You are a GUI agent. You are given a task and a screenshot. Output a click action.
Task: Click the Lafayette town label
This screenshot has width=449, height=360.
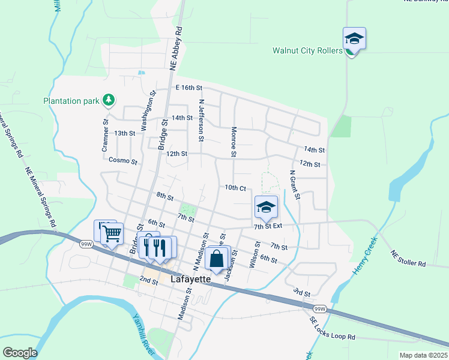[190, 279]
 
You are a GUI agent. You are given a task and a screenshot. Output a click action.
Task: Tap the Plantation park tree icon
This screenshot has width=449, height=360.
[109, 100]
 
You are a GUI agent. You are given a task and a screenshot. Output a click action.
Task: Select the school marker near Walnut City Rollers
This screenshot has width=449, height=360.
[354, 40]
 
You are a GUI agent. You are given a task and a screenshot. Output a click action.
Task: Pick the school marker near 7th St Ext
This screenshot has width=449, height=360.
[266, 208]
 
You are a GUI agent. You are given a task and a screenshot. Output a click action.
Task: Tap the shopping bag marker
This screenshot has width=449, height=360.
[217, 259]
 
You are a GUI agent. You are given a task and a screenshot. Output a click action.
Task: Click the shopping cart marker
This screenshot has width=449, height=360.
[112, 235]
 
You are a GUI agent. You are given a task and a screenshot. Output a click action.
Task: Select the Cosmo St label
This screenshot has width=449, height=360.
[123, 161]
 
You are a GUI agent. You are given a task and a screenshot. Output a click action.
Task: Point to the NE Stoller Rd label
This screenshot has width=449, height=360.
[408, 259]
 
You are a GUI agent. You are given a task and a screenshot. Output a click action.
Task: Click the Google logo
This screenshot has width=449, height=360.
[20, 353]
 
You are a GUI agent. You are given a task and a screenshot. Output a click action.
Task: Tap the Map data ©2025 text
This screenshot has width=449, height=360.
[423, 355]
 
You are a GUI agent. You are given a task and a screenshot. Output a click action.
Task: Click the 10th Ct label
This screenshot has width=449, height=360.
[235, 188]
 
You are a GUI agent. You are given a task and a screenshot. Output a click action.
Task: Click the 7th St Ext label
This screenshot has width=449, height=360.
[268, 226]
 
